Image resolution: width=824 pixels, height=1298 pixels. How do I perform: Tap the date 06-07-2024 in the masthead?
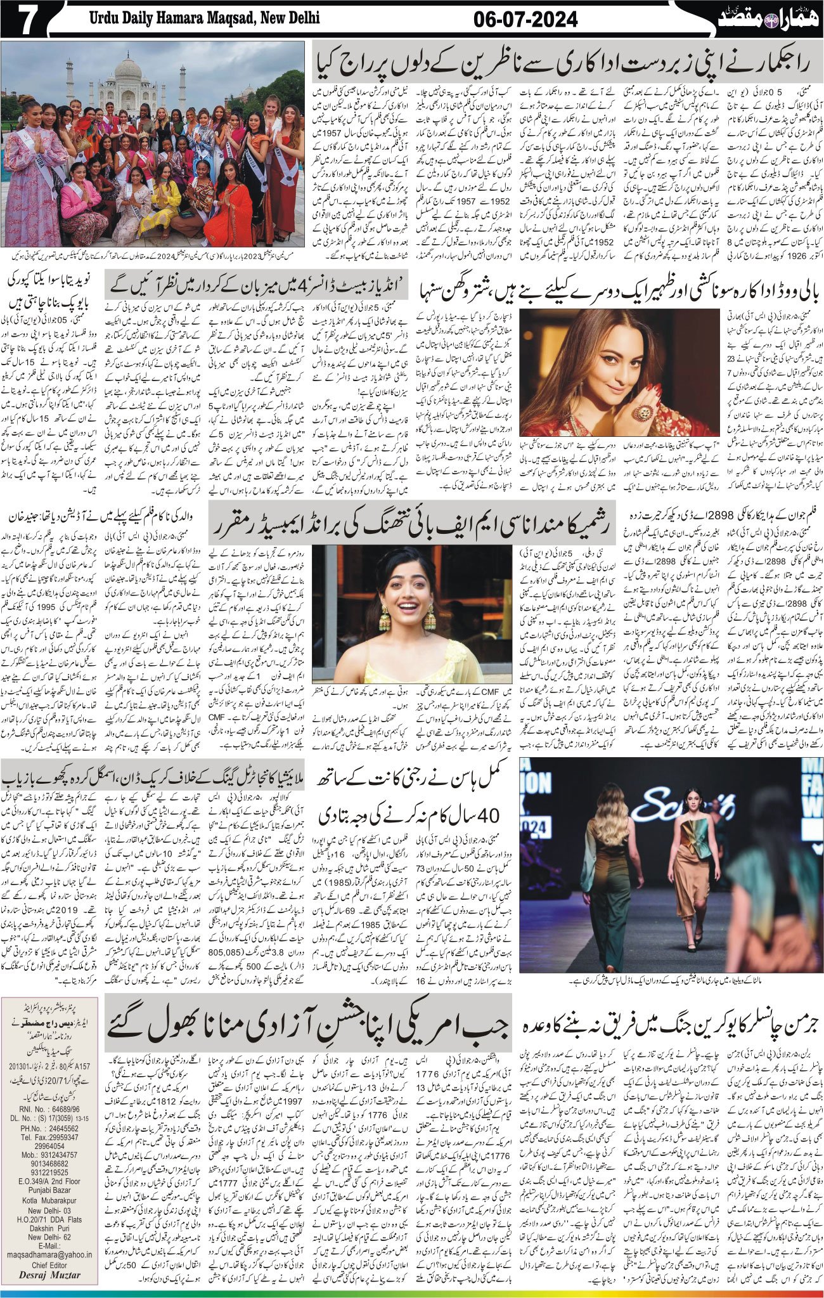525,20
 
